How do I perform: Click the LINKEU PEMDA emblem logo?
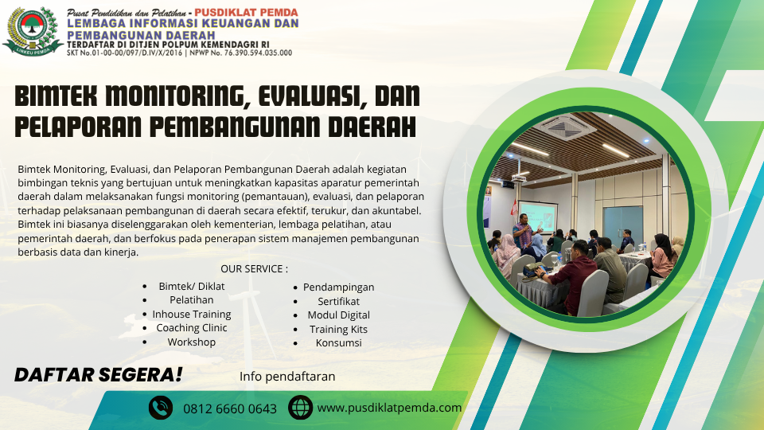pos(33,32)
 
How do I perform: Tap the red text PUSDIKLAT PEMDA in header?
pos(246,12)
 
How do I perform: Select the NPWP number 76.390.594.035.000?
pos(258,53)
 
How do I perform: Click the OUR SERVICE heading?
pos(254,268)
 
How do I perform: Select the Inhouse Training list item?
pos(192,314)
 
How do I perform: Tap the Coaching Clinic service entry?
pos(192,328)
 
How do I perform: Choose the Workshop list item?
pos(192,342)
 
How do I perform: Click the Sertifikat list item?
pos(339,301)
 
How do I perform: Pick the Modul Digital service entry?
pos(339,315)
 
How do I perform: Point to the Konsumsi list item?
pos(339,342)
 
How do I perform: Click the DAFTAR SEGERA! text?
pos(99,375)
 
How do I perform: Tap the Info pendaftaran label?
pos(287,377)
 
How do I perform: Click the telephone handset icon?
pos(161,408)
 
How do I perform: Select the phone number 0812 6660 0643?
pos(230,408)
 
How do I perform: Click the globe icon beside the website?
pos(300,408)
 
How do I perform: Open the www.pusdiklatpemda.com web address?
pos(389,408)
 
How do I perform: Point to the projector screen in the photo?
pos(537,217)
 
